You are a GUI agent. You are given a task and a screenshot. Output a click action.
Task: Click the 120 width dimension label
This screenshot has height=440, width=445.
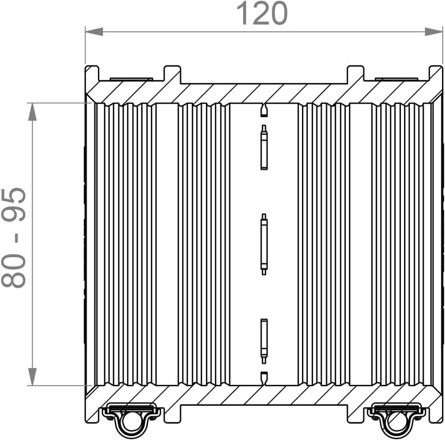262,13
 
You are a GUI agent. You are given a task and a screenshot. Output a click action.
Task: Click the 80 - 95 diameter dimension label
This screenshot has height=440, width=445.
14,237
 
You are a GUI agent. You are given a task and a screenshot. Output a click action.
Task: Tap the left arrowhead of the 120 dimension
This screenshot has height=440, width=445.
94,32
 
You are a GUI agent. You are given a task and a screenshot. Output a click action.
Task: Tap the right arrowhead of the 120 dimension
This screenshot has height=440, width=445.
433,32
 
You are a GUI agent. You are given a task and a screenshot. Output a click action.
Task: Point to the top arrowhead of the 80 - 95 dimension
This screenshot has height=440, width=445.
33,112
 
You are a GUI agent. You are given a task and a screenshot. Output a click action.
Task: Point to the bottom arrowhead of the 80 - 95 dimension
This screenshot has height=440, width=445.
33,377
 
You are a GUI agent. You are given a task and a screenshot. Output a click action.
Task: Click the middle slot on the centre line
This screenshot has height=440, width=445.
264,244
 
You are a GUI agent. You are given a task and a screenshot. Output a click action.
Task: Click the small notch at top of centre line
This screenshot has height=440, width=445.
264,110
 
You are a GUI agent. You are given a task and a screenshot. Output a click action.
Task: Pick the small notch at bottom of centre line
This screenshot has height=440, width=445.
264,378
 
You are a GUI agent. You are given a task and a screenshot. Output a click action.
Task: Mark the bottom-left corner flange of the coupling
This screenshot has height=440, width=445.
93,414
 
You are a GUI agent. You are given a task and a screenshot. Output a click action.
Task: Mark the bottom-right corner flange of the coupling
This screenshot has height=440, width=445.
436,414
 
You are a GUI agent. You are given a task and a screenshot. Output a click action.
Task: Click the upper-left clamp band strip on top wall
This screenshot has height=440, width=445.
131,79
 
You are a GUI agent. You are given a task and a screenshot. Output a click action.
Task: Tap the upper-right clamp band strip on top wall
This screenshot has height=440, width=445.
396,79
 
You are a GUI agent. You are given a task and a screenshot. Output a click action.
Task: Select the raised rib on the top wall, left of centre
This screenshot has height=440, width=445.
172,74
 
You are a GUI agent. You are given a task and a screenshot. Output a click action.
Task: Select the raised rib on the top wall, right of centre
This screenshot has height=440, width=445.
356,74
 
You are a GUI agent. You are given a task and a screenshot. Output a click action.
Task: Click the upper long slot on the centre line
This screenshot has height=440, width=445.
264,147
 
